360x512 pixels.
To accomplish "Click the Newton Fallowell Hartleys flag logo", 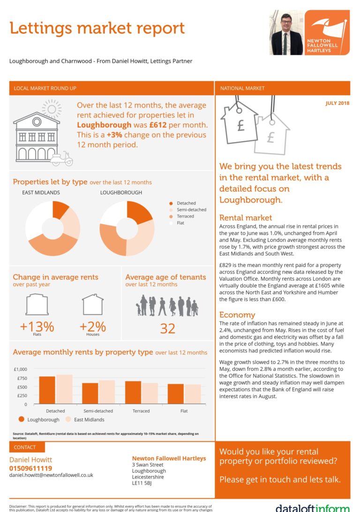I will pyautogui.click(x=327, y=32).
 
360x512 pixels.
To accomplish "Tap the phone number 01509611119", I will pyautogui.click(x=31, y=468).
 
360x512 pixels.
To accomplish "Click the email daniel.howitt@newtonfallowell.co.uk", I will pyautogui.click(x=51, y=475).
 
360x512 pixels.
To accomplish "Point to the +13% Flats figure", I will pyautogui.click(x=37, y=326).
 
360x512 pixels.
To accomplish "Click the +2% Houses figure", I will pyautogui.click(x=92, y=326).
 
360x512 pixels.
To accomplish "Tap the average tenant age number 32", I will pyautogui.click(x=167, y=328).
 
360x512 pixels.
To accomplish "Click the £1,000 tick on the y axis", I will pyautogui.click(x=21, y=369).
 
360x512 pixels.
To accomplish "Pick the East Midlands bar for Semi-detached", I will pyautogui.click(x=107, y=392).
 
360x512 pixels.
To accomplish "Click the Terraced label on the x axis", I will pyautogui.click(x=141, y=411).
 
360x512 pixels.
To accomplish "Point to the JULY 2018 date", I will pyautogui.click(x=337, y=103).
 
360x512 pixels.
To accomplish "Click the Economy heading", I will pyautogui.click(x=237, y=315).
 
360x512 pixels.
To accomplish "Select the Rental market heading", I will pyautogui.click(x=246, y=218).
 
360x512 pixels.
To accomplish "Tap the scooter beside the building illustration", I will pyautogui.click(x=62, y=159).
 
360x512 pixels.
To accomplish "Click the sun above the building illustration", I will pyautogui.click(x=51, y=109).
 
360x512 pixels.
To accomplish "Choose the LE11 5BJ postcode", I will pyautogui.click(x=143, y=483).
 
